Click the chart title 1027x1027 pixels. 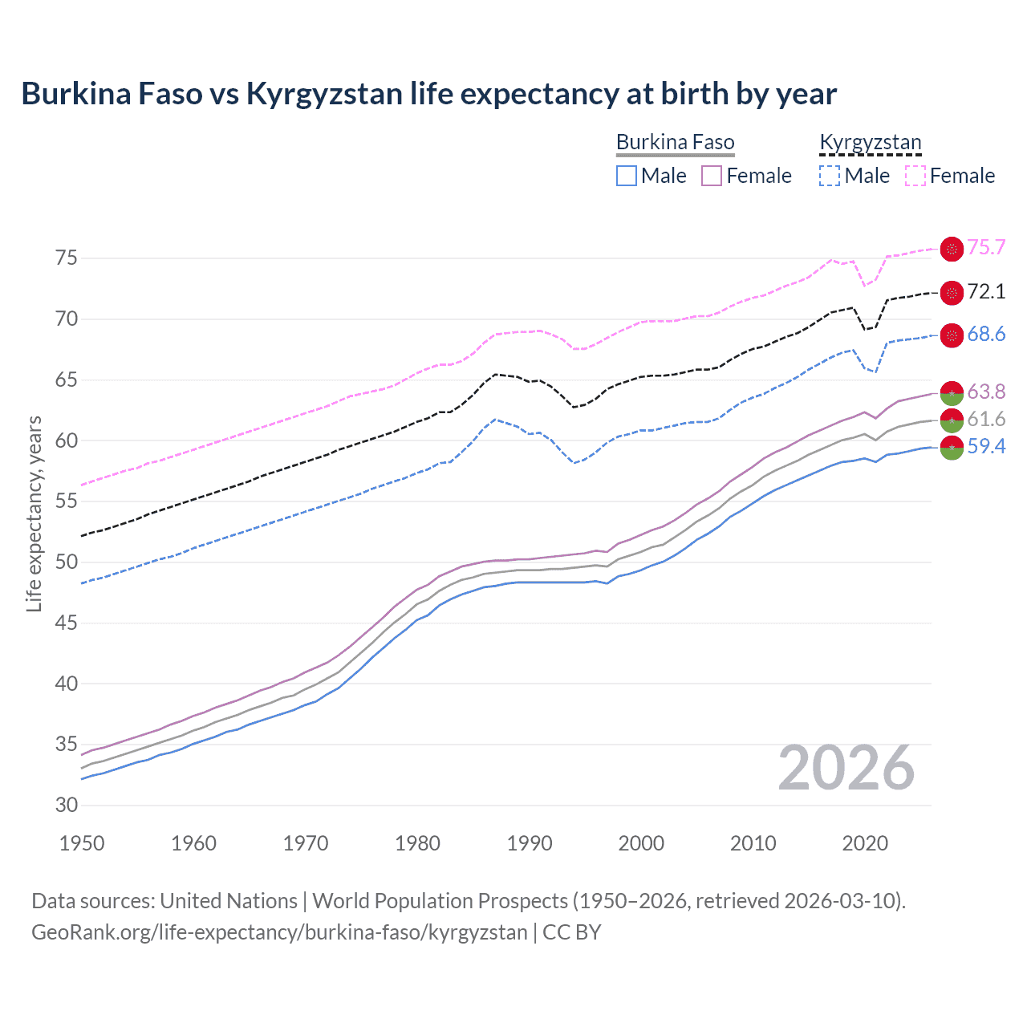(x=428, y=94)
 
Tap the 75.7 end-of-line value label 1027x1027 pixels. (x=986, y=248)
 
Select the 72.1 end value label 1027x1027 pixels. (x=986, y=291)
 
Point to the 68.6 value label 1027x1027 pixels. (x=986, y=335)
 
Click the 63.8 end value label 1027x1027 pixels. (x=986, y=392)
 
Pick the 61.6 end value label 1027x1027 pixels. (x=986, y=419)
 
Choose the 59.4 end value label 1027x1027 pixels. (x=986, y=446)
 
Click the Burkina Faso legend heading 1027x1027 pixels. (x=675, y=143)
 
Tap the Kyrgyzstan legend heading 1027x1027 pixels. (x=870, y=143)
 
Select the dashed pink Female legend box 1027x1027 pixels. (x=915, y=176)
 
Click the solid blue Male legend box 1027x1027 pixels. (x=627, y=176)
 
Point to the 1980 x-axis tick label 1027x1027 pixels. (x=417, y=843)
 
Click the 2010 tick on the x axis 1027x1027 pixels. (x=753, y=843)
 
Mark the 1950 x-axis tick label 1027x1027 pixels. (x=82, y=843)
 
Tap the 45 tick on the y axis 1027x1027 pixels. (x=67, y=623)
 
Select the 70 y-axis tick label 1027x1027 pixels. (x=67, y=319)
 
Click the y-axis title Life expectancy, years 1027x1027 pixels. (x=35, y=513)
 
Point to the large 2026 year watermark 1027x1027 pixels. (x=846, y=769)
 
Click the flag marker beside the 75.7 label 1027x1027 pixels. (x=952, y=249)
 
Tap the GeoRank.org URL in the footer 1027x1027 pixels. (x=279, y=932)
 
